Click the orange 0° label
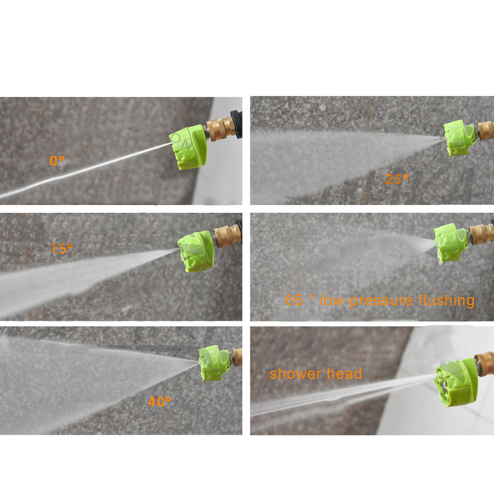tap(57, 161)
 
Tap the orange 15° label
tap(62, 248)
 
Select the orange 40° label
tap(159, 402)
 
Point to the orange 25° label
tap(397, 179)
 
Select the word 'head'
tap(344, 374)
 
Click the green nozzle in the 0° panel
tap(188, 147)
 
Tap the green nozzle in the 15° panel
tap(196, 251)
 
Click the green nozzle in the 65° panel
tap(450, 243)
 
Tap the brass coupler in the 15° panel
tap(227, 234)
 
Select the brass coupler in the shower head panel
tap(484, 363)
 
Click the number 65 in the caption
tap(294, 300)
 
